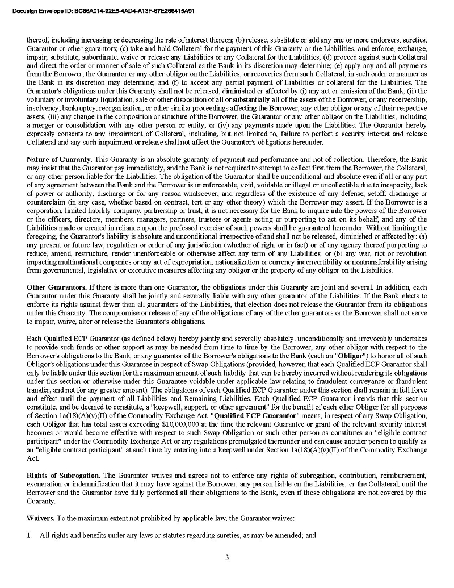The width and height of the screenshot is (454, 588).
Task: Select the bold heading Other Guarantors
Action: (57, 287)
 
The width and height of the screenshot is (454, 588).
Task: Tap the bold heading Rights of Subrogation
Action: (64, 473)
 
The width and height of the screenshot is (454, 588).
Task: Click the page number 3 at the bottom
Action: (226, 557)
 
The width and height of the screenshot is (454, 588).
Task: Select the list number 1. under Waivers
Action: (30, 536)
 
